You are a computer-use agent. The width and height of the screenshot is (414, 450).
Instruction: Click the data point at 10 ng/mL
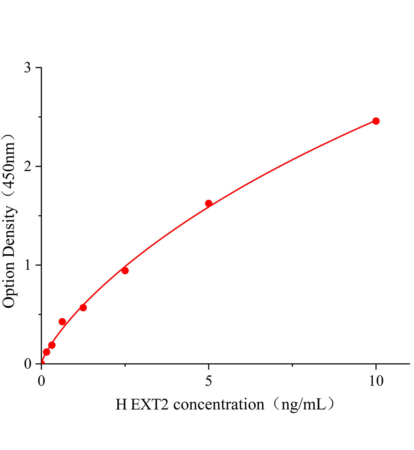pyautogui.click(x=376, y=121)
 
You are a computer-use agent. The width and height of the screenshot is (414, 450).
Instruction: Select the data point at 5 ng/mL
pyautogui.click(x=208, y=203)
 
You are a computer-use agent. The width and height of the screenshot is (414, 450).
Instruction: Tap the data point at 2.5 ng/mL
pyautogui.click(x=125, y=270)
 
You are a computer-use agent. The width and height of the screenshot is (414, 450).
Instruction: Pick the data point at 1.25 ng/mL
pyautogui.click(x=83, y=307)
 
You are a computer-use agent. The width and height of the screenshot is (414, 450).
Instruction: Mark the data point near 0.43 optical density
pyautogui.click(x=62, y=321)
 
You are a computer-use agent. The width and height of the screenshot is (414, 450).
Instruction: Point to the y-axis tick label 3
pyautogui.click(x=27, y=68)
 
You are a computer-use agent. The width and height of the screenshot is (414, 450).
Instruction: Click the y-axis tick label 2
pyautogui.click(x=27, y=166)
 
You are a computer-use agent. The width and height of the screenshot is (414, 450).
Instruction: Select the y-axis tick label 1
pyautogui.click(x=27, y=265)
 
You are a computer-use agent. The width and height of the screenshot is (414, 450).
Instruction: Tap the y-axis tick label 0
pyautogui.click(x=27, y=364)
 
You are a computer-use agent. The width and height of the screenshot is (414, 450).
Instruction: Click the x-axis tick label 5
pyautogui.click(x=208, y=381)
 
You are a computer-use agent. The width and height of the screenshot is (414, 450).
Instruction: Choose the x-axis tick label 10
pyautogui.click(x=375, y=381)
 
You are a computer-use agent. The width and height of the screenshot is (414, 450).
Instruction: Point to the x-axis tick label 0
pyautogui.click(x=42, y=381)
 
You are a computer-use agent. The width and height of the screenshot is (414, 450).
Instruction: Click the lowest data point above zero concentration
pyautogui.click(x=46, y=352)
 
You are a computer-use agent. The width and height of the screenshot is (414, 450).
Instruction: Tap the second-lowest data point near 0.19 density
pyautogui.click(x=52, y=345)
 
